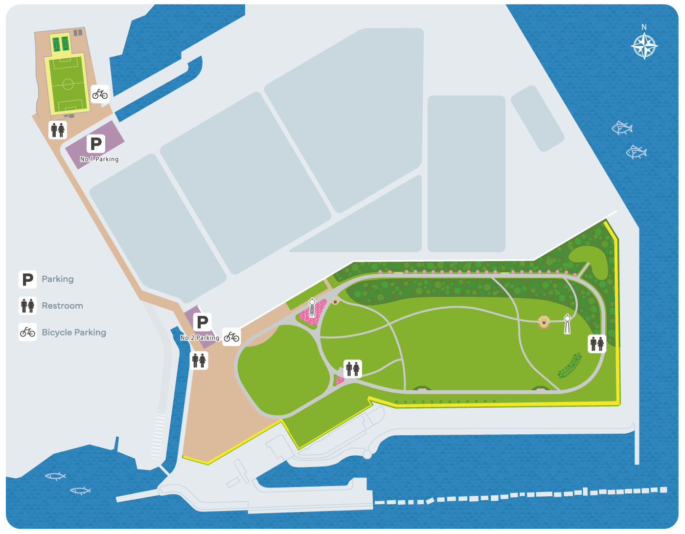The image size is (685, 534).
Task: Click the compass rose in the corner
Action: click(x=644, y=47)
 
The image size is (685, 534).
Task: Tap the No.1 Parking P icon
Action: click(x=96, y=144)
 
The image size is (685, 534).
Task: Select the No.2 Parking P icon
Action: click(x=203, y=322)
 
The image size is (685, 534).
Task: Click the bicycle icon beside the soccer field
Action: click(x=100, y=93)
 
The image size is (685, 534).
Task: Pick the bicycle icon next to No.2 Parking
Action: click(x=231, y=336)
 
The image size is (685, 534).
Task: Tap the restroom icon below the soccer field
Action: click(x=58, y=130)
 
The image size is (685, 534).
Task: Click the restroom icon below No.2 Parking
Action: click(x=199, y=361)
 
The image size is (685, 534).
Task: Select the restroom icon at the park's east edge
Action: click(x=597, y=344)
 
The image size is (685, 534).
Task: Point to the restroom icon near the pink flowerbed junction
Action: click(x=353, y=369)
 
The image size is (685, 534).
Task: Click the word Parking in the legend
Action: click(x=58, y=279)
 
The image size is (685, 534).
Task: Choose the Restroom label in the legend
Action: click(x=62, y=306)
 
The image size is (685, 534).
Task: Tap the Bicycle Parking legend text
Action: click(x=74, y=333)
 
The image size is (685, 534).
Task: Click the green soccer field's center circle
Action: click(x=68, y=84)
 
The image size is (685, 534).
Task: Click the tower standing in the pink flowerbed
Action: click(x=312, y=308)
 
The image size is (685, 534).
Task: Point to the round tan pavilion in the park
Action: click(x=544, y=322)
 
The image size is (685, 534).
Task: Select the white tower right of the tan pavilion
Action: click(x=567, y=324)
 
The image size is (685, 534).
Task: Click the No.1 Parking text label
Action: click(x=99, y=159)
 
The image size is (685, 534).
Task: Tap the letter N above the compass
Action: click(x=644, y=27)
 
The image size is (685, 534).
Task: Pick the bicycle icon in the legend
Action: click(x=28, y=333)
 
